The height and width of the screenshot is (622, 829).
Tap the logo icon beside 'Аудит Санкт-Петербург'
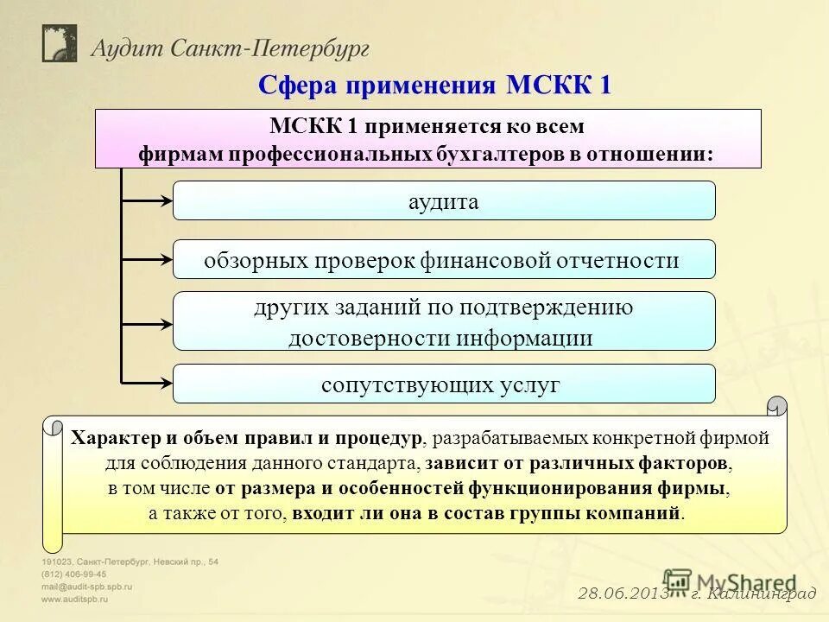(x=60, y=43)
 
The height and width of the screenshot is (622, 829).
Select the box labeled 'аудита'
(x=444, y=200)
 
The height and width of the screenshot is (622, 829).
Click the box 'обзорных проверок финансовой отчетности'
(x=444, y=259)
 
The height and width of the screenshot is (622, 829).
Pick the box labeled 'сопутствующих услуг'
(x=444, y=384)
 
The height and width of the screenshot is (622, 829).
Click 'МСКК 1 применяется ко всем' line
(x=427, y=126)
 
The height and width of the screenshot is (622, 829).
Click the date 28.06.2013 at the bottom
(x=621, y=593)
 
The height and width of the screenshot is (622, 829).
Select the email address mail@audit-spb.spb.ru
(x=86, y=586)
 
